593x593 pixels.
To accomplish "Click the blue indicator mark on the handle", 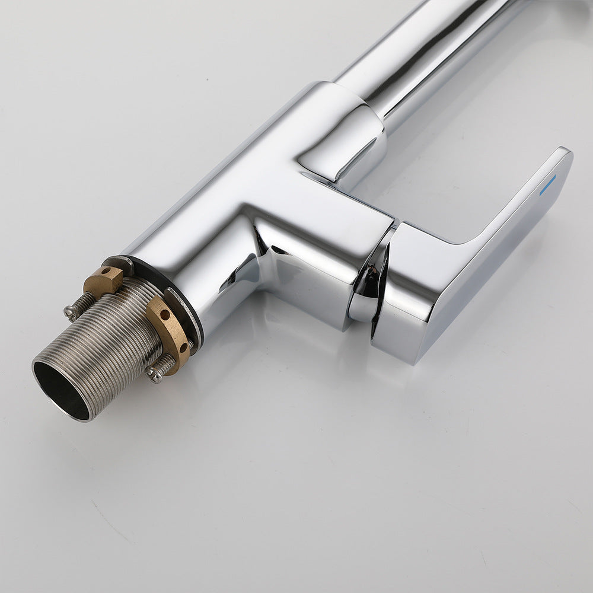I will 547,184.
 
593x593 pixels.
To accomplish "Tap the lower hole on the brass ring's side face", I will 180,346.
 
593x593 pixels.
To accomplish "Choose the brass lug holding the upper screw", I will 103,279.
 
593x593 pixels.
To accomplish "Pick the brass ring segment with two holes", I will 169,332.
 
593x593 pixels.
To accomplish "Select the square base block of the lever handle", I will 409,296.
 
